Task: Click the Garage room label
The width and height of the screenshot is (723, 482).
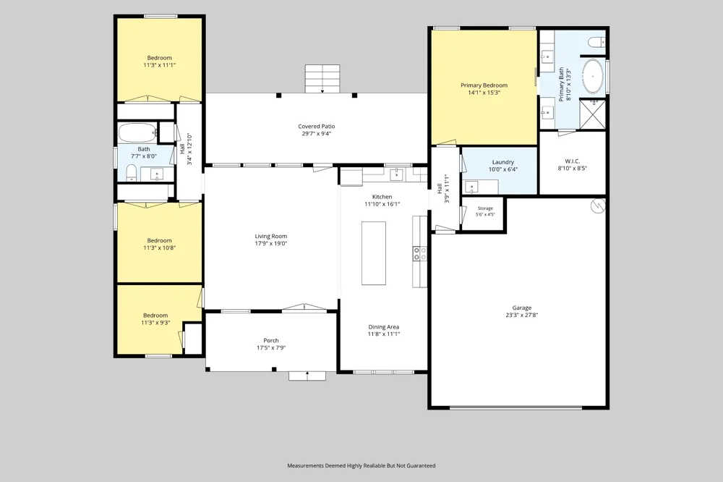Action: pyautogui.click(x=521, y=308)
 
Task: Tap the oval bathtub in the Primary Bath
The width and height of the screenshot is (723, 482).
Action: pyautogui.click(x=594, y=76)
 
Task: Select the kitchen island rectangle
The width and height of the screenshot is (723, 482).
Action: pyautogui.click(x=374, y=253)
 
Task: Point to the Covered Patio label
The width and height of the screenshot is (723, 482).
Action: pyautogui.click(x=317, y=126)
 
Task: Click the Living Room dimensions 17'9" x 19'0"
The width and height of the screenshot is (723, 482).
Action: pyautogui.click(x=271, y=243)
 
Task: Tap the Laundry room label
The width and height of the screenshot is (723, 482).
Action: pyautogui.click(x=503, y=162)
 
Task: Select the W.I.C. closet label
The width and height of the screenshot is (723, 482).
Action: pyautogui.click(x=572, y=161)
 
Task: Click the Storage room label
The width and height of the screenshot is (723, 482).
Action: pyautogui.click(x=485, y=208)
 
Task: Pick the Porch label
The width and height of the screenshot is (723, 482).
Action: pyautogui.click(x=271, y=340)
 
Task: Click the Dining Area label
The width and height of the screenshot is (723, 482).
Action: pyautogui.click(x=384, y=327)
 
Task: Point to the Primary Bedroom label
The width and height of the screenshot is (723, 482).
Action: pyautogui.click(x=484, y=85)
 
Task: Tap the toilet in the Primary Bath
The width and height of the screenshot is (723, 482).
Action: pyautogui.click(x=596, y=43)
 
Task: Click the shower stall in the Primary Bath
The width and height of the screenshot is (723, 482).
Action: pyautogui.click(x=592, y=114)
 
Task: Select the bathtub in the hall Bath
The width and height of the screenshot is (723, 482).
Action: pyautogui.click(x=138, y=133)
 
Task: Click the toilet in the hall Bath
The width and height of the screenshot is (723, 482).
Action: pyautogui.click(x=132, y=173)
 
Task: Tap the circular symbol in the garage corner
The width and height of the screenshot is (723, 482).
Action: pyautogui.click(x=598, y=206)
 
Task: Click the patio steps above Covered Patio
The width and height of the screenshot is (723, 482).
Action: pyautogui.click(x=322, y=78)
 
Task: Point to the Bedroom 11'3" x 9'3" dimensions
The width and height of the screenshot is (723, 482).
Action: pyautogui.click(x=155, y=323)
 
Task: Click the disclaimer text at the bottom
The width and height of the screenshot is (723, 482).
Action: pyautogui.click(x=361, y=465)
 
